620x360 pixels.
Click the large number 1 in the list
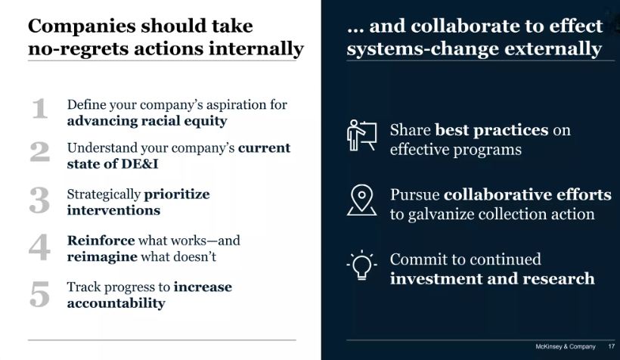(40, 110)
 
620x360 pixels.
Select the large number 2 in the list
(40, 152)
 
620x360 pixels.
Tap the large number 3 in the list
(40, 200)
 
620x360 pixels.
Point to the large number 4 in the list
(40, 247)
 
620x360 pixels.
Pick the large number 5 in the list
(40, 293)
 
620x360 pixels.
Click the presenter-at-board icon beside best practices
(361, 136)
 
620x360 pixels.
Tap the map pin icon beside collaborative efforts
(362, 200)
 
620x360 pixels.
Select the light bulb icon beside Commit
(362, 265)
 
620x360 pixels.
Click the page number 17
(611, 347)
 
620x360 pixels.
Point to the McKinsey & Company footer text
(566, 347)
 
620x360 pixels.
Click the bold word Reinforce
(101, 241)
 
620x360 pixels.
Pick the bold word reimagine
(101, 256)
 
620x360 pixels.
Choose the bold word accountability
(116, 303)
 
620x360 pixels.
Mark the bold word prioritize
(177, 194)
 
